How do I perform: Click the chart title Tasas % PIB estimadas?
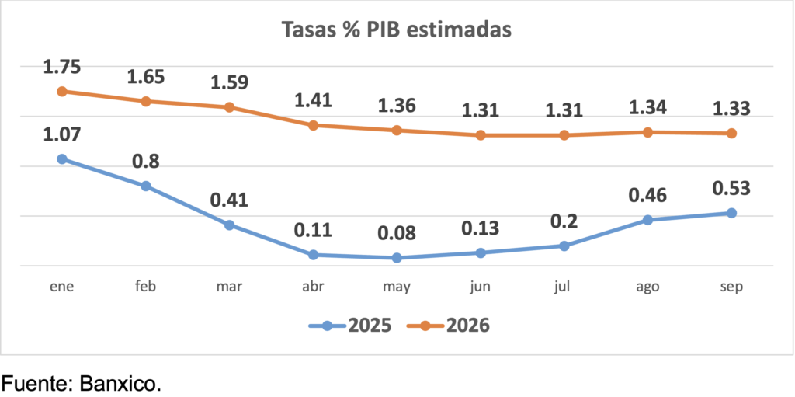(x=397, y=30)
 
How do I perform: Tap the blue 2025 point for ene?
(x=62, y=159)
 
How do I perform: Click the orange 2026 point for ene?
(x=62, y=91)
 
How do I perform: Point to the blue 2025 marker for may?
(x=397, y=258)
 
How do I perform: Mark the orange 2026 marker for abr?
(x=313, y=125)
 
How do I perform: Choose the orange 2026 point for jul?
(x=564, y=135)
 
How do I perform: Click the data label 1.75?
(x=62, y=68)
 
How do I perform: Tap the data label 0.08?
(x=397, y=233)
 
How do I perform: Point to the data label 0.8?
(x=146, y=162)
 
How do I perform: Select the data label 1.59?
(x=229, y=82)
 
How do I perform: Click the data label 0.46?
(x=647, y=195)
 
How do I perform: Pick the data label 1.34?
(x=647, y=108)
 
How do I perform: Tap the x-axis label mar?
(x=229, y=287)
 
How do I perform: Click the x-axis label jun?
(x=481, y=287)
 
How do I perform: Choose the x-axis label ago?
(x=647, y=287)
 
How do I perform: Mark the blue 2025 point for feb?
(x=146, y=186)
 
